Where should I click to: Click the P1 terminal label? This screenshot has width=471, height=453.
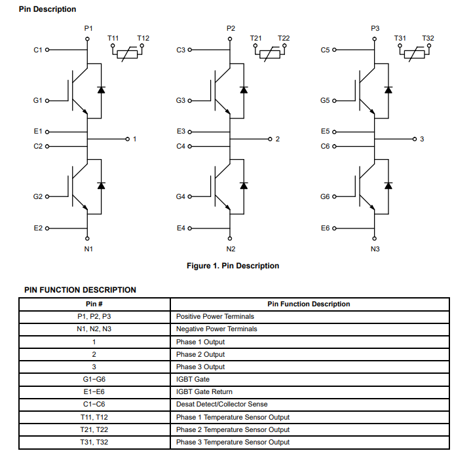coord(88,29)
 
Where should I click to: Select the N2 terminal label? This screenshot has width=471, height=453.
coord(231,249)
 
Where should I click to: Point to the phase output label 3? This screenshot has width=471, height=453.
coord(422,139)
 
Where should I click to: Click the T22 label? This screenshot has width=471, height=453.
coord(284,39)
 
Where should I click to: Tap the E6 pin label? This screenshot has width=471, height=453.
coord(326,228)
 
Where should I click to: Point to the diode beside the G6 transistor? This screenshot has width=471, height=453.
coord(388,185)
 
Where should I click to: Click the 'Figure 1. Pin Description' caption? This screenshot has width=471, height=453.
coord(233,266)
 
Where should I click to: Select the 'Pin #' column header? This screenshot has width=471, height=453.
coord(94,304)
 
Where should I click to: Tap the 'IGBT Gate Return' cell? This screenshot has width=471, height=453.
coord(204,392)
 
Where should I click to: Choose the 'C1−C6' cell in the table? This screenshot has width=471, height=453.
coord(94,405)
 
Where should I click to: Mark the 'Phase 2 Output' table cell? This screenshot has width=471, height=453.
coord(200,354)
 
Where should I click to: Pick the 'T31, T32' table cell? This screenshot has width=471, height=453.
coord(94,443)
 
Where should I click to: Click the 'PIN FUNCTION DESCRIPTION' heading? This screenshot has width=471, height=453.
coord(80,290)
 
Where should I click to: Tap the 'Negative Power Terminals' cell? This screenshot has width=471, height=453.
coord(217,329)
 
